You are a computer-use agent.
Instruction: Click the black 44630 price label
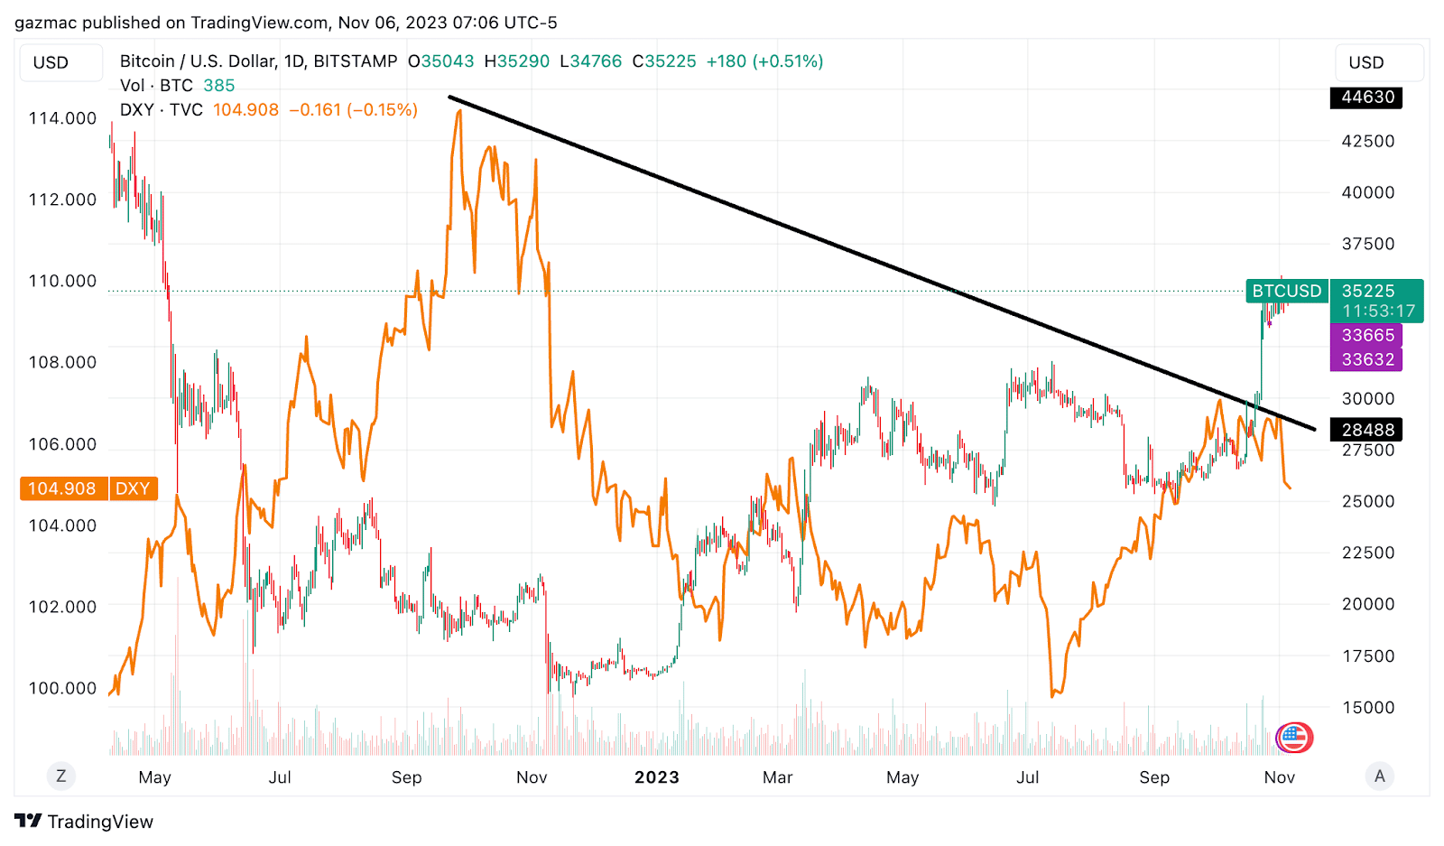tap(1366, 97)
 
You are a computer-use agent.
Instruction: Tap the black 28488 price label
tap(1366, 430)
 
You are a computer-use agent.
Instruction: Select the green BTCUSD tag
tap(1286, 291)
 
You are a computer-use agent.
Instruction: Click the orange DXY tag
tap(133, 488)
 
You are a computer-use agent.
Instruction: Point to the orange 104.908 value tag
tap(61, 488)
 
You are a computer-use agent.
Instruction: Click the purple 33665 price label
tap(1366, 335)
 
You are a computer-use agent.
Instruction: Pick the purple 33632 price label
tap(1366, 359)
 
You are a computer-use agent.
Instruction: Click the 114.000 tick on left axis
tap(62, 118)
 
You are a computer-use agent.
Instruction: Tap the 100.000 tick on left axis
tap(62, 688)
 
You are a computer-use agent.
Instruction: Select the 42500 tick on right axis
tap(1367, 141)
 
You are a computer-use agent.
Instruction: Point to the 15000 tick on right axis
tap(1367, 707)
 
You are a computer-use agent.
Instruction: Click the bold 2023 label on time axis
tap(656, 777)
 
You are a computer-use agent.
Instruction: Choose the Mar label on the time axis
tap(777, 777)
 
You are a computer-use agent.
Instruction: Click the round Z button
tap(60, 776)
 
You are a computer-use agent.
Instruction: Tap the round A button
tap(1379, 776)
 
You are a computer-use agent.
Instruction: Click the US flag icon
tap(1294, 737)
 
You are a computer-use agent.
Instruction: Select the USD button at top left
tap(51, 62)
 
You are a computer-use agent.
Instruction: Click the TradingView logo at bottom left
tap(84, 822)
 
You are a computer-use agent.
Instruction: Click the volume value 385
tap(219, 86)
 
